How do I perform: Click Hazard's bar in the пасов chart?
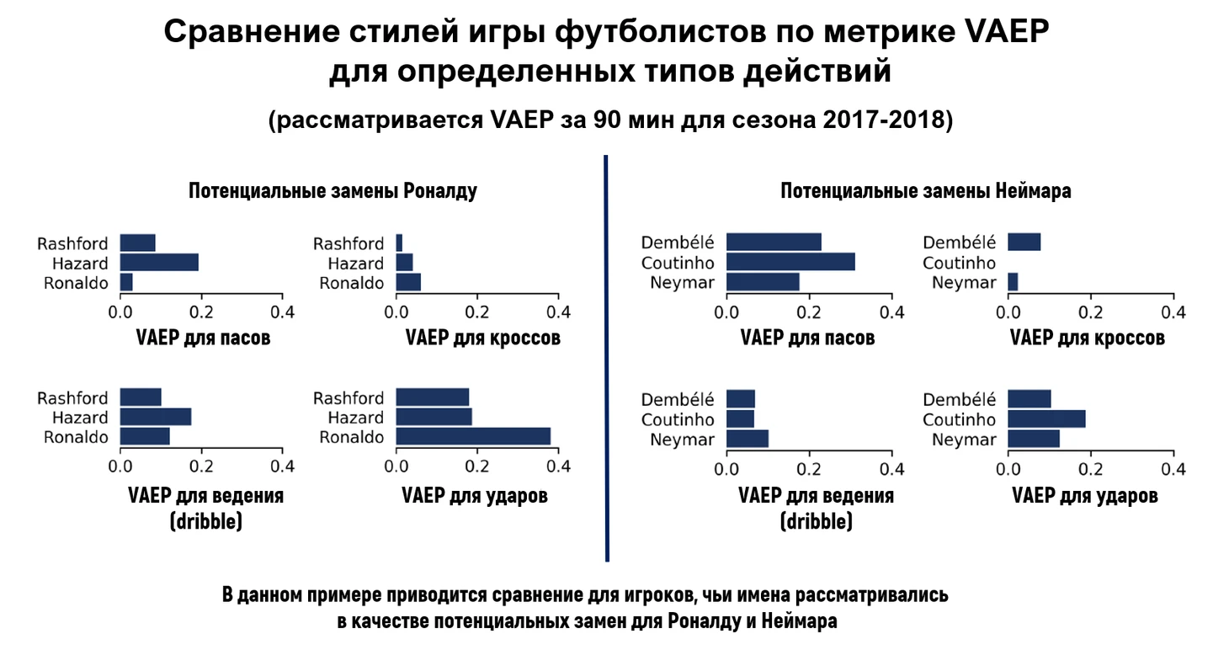tap(159, 263)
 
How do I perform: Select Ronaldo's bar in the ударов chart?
tap(472, 436)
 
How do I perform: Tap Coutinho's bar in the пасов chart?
tap(790, 262)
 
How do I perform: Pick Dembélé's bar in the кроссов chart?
tap(1024, 242)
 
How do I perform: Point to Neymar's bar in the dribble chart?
tap(747, 439)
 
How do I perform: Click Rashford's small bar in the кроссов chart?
tap(399, 242)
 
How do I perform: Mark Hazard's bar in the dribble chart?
tap(156, 417)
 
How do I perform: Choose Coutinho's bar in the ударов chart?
tap(1046, 419)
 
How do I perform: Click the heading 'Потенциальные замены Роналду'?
tap(333, 191)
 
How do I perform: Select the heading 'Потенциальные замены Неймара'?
tap(926, 191)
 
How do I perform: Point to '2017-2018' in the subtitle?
tap(891, 120)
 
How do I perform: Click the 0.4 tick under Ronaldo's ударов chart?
tap(559, 466)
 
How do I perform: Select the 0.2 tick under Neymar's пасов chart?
tap(809, 312)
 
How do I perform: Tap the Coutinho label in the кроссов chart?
tap(960, 263)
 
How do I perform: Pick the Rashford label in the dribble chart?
tap(72, 398)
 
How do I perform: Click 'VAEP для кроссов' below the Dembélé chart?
tap(1087, 338)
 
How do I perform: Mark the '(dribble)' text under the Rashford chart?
tap(205, 522)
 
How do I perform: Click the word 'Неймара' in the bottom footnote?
tap(800, 622)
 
